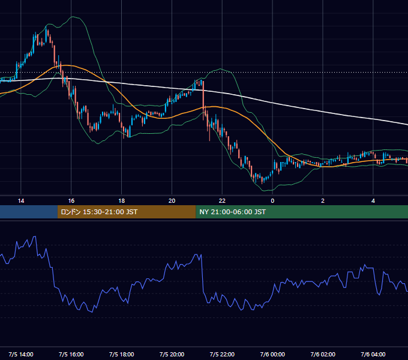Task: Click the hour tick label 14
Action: point(21,201)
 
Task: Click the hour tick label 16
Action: point(71,201)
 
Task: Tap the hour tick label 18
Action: point(122,201)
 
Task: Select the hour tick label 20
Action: point(172,201)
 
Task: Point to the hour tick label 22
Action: point(222,201)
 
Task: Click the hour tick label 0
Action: point(272,201)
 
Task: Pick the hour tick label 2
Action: point(323,201)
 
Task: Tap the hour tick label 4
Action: point(373,201)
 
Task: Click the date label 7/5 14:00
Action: point(21,355)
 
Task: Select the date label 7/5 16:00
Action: point(71,355)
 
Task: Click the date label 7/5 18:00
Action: point(122,355)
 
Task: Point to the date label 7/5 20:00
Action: point(172,355)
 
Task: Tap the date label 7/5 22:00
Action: point(222,355)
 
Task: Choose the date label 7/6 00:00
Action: point(272,355)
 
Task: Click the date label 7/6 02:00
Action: point(323,355)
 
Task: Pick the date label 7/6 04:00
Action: point(373,355)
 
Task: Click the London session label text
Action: point(99,212)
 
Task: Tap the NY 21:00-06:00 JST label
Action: point(232,212)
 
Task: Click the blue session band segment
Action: point(29,212)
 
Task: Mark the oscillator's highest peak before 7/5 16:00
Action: point(35,236)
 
